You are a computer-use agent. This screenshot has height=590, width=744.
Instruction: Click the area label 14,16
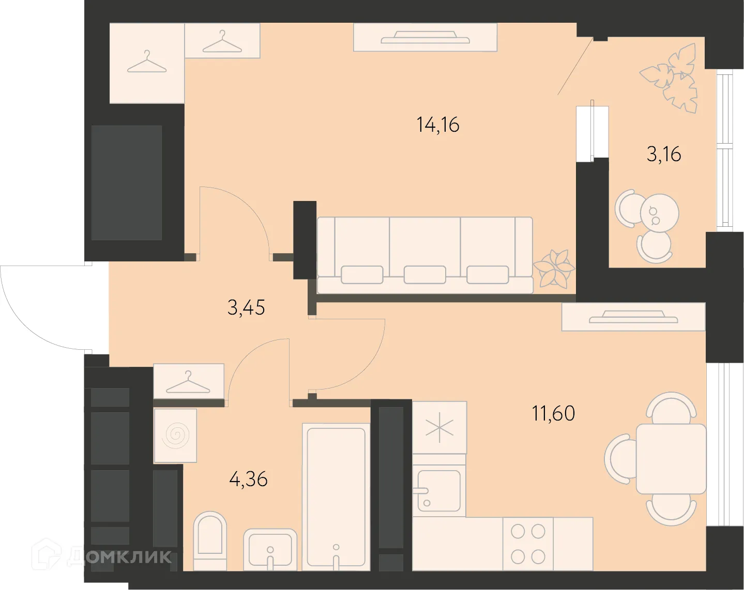[x=438, y=125]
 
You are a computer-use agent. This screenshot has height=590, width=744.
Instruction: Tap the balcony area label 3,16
[x=663, y=154]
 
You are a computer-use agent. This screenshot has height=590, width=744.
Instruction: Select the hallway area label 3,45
[x=246, y=308]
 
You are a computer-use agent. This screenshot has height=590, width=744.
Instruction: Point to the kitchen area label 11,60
[x=553, y=413]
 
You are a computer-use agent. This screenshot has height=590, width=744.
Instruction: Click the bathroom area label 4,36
[x=248, y=479]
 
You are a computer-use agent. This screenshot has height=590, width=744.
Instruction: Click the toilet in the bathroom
[x=210, y=540]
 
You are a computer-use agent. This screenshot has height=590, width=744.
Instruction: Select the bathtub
[x=336, y=496]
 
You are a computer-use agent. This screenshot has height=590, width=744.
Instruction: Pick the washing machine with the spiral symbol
[x=175, y=436]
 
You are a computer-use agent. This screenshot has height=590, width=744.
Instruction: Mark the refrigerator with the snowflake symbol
[x=439, y=428]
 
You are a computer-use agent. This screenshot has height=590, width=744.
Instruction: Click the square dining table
[x=671, y=459]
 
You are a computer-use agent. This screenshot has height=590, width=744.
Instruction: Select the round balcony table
[x=659, y=212]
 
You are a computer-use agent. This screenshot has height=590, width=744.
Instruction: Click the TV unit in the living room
[x=425, y=37]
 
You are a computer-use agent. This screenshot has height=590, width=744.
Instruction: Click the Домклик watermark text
[x=119, y=556]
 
